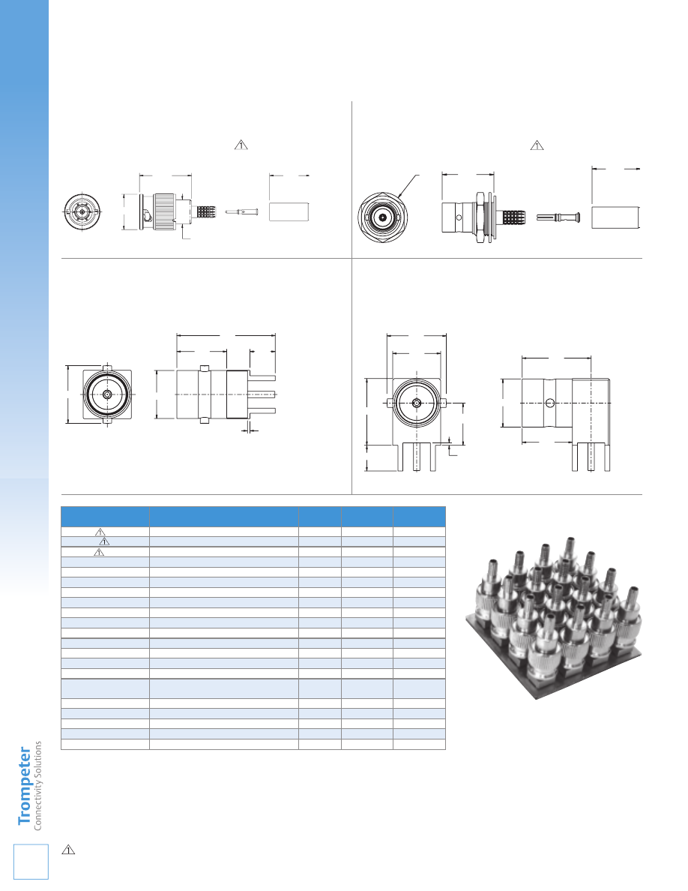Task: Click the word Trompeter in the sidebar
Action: pos(25,786)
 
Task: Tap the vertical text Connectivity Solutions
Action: pos(38,786)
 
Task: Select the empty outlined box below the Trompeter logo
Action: pos(31,862)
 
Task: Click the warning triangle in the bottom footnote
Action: pos(68,850)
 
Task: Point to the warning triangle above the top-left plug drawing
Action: pos(241,145)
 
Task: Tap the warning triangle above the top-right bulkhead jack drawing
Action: pos(537,145)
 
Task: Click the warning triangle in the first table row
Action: pos(100,532)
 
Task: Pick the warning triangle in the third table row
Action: pos(99,552)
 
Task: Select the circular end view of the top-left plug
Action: pos(82,212)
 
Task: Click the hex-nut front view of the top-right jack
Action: pos(383,217)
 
